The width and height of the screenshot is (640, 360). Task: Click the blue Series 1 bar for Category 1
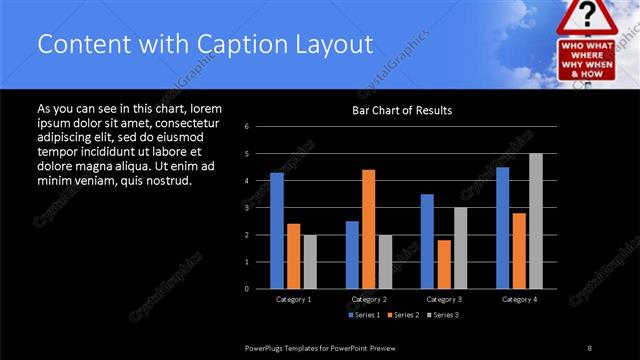pos(277,231)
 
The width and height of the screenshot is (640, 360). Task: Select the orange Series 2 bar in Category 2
pos(368,229)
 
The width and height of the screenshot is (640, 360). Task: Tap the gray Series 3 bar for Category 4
pos(536,221)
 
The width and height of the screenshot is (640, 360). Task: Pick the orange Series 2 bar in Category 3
pos(444,264)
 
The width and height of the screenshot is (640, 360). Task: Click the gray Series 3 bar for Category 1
pos(310,262)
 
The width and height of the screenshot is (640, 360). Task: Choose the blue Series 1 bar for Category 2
pos(352,255)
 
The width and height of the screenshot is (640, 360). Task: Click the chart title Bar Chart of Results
pos(402,110)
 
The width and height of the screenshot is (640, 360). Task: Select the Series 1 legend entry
pos(364,315)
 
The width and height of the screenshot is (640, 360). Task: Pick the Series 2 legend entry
pos(403,315)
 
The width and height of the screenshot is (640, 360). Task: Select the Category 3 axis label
pos(443,299)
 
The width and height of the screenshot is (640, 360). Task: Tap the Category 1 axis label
pos(294,299)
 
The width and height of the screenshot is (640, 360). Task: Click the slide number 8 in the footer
pos(590,347)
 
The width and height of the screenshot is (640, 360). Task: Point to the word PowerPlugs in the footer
pos(268,347)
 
